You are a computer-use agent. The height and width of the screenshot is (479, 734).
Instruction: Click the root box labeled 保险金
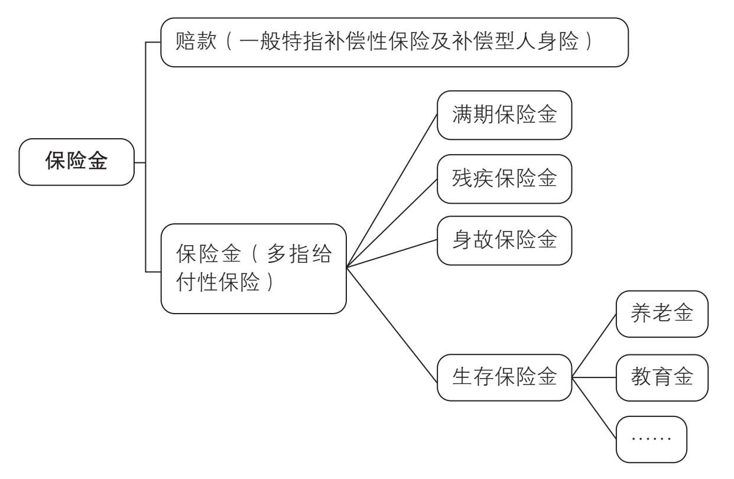click(77, 162)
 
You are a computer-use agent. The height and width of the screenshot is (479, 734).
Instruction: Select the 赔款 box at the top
click(394, 42)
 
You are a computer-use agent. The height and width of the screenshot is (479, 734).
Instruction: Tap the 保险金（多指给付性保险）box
click(253, 268)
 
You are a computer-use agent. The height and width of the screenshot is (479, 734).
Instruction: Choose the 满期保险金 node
click(504, 115)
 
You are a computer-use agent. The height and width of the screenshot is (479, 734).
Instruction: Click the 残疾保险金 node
click(504, 178)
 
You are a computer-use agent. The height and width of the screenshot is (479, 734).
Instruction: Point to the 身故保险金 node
click(504, 240)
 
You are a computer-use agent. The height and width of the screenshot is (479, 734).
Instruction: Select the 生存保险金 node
click(504, 377)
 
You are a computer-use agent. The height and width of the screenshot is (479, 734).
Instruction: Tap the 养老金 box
click(661, 314)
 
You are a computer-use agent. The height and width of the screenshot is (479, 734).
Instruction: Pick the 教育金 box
click(661, 377)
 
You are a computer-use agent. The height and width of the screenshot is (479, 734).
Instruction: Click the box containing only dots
click(651, 439)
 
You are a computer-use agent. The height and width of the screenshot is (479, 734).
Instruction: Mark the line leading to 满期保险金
click(392, 190)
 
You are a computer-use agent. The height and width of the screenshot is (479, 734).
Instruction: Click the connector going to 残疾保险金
click(392, 223)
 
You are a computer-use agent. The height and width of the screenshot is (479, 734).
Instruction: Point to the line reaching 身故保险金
click(392, 253)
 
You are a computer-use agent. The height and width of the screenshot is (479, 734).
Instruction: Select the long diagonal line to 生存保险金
click(392, 322)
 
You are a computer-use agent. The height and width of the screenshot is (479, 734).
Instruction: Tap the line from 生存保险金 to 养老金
click(594, 346)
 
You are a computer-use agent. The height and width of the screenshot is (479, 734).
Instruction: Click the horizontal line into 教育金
click(594, 377)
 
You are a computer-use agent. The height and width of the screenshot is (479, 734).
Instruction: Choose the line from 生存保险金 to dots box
click(594, 408)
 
